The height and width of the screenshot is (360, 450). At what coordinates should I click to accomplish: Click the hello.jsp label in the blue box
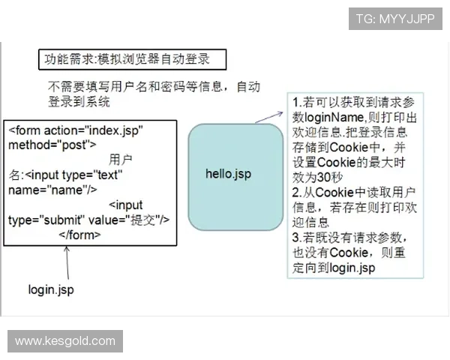(x=228, y=174)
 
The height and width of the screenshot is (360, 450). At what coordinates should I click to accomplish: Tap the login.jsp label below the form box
(x=51, y=288)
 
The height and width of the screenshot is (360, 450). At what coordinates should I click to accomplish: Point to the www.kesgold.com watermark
(x=65, y=341)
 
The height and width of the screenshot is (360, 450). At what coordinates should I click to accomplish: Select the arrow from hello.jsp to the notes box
(x=268, y=115)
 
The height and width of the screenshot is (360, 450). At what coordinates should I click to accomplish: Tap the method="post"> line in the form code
(x=52, y=144)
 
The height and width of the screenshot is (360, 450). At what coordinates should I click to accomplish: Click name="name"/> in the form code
(x=52, y=189)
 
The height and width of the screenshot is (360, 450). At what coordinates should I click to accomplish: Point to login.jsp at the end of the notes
(x=350, y=267)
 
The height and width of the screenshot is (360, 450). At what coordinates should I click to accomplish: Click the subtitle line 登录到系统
(x=79, y=101)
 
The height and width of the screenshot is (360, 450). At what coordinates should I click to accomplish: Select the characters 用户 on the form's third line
(x=121, y=160)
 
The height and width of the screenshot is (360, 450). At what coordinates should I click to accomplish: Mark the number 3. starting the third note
(x=297, y=237)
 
